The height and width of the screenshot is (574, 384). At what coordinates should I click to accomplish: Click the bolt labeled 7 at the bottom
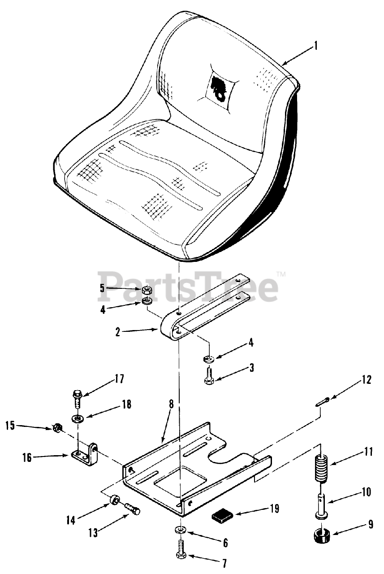coord(181,551)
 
